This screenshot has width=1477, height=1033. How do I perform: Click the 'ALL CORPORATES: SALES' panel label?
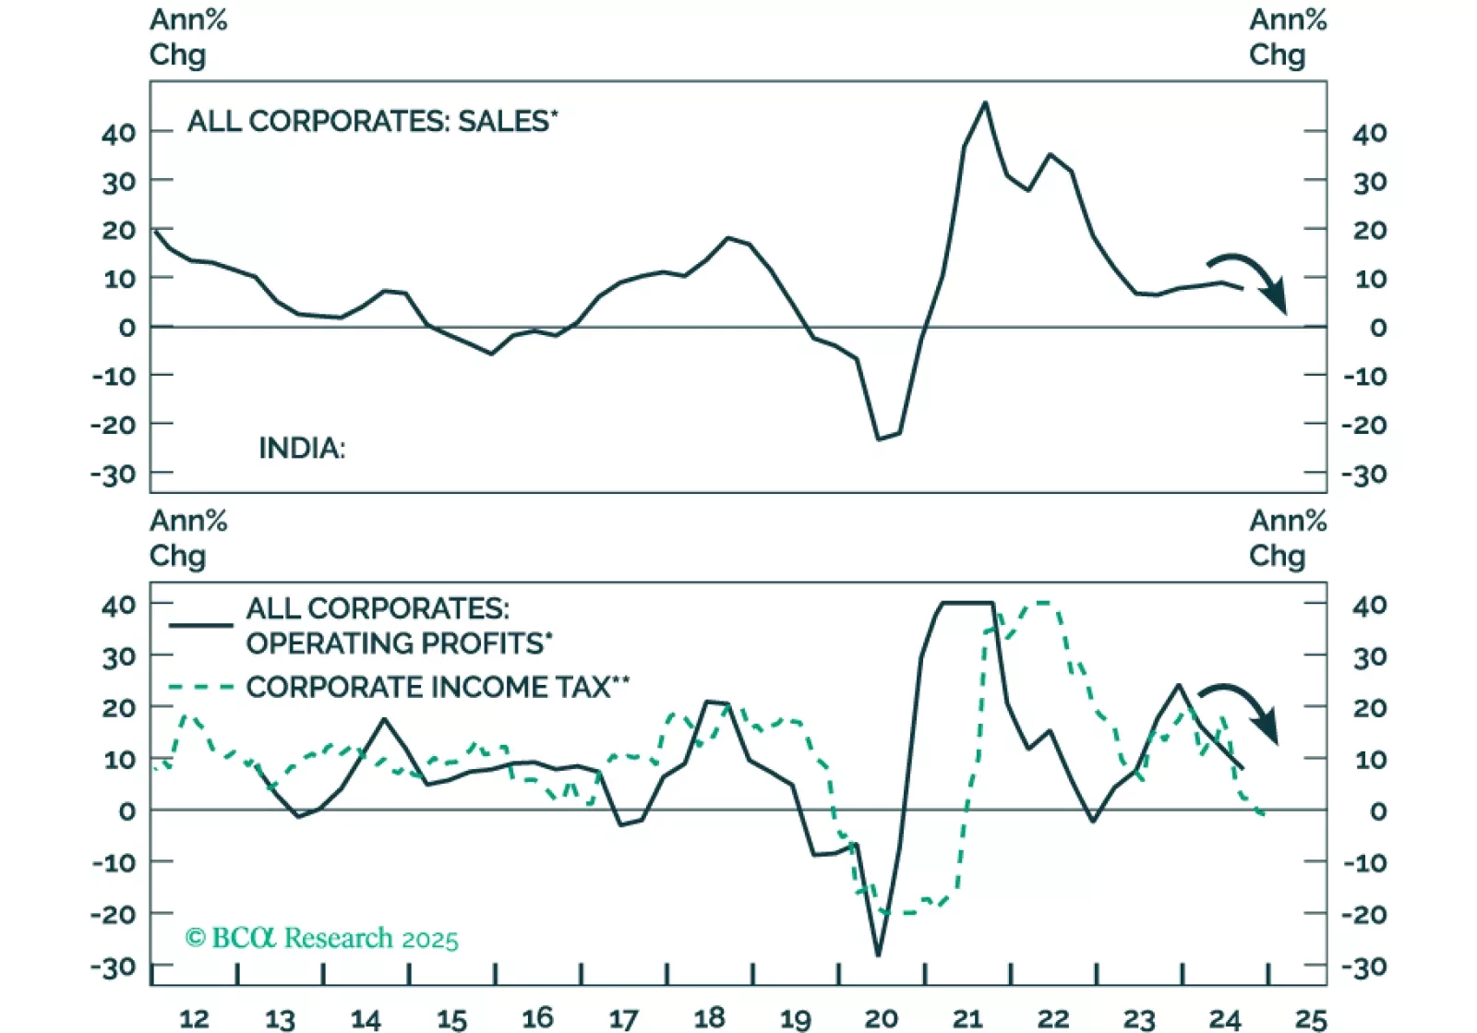pyautogui.click(x=372, y=121)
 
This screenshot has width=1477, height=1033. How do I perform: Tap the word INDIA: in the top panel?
pyautogui.click(x=301, y=449)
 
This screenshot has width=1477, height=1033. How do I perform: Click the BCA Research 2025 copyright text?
pyautogui.click(x=322, y=938)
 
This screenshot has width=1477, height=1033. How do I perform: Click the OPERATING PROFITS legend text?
pyautogui.click(x=399, y=643)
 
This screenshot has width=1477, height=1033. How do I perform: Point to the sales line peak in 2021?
pyautogui.click(x=985, y=102)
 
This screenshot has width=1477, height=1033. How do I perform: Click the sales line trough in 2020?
pyautogui.click(x=879, y=438)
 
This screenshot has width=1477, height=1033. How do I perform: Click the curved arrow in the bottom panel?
pyautogui.click(x=1243, y=710)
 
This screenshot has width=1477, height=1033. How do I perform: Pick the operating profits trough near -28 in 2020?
pyautogui.click(x=877, y=955)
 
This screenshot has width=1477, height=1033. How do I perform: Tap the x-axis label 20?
pyautogui.click(x=881, y=1018)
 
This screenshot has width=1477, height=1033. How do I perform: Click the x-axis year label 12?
pyautogui.click(x=194, y=1018)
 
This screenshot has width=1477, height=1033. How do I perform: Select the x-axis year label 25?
pyautogui.click(x=1311, y=1018)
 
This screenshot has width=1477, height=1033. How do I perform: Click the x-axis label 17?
pyautogui.click(x=623, y=1018)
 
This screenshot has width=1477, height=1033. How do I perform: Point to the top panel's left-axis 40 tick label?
pyautogui.click(x=119, y=133)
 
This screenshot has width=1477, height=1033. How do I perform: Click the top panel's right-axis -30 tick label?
pyautogui.click(x=1363, y=474)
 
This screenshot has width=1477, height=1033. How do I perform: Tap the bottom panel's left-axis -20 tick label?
pyautogui.click(x=113, y=914)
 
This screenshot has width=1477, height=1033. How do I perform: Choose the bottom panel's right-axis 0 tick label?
pyautogui.click(x=1377, y=811)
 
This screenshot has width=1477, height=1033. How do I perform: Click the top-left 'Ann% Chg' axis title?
pyautogui.click(x=188, y=37)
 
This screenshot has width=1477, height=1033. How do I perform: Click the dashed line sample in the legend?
pyautogui.click(x=200, y=687)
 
